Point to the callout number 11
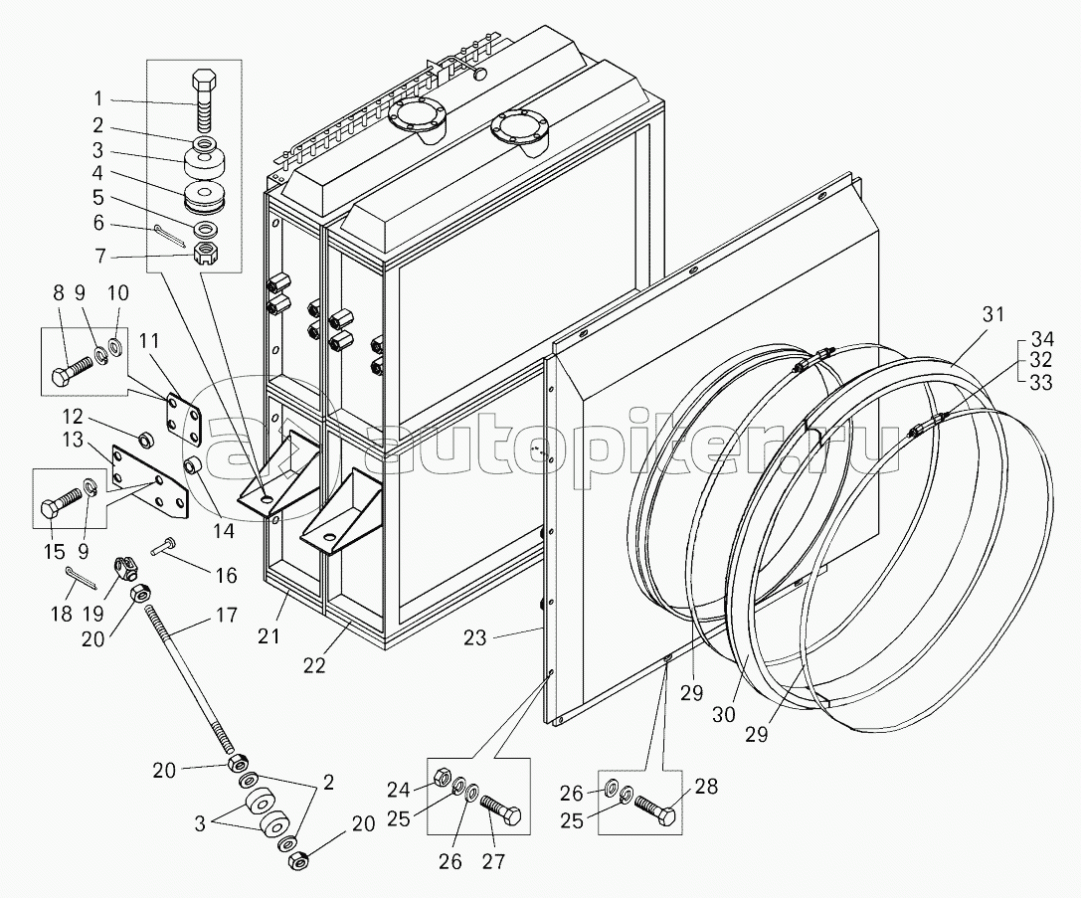pos(149,341)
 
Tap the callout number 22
pos(314,666)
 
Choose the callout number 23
pos(474,637)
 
